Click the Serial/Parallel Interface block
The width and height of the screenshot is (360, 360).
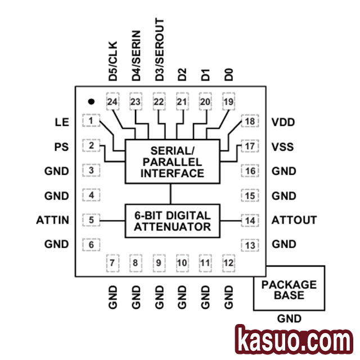pyautogui.click(x=172, y=162)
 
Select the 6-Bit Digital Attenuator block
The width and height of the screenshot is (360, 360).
pyautogui.click(x=172, y=220)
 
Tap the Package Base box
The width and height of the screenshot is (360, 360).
pyautogui.click(x=289, y=290)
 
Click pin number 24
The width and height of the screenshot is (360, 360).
pyautogui.click(x=112, y=102)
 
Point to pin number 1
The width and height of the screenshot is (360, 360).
pyautogui.click(x=91, y=121)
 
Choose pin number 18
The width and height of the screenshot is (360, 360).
pyautogui.click(x=250, y=121)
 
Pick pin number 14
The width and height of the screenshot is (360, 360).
pyautogui.click(x=250, y=220)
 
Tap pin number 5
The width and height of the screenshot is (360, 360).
pyautogui.click(x=91, y=220)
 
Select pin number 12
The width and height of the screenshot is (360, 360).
pyautogui.click(x=228, y=263)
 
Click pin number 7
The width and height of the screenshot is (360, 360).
pyautogui.click(x=112, y=263)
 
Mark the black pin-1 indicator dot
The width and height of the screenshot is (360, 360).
pyautogui.click(x=90, y=101)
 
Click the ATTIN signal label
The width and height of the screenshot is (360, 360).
pyautogui.click(x=53, y=220)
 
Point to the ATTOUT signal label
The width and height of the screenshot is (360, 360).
pyautogui.click(x=294, y=220)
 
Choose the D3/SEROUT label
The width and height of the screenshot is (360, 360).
pyautogui.click(x=160, y=49)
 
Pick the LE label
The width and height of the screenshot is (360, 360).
pyautogui.click(x=62, y=122)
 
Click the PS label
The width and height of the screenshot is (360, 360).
pyautogui.click(x=62, y=147)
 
